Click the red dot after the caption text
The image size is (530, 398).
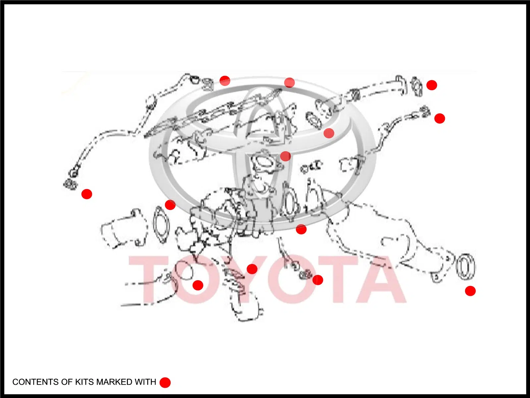coord(165,382)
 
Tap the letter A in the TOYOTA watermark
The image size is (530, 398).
coord(382,279)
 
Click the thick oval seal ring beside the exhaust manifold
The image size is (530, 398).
coord(466,267)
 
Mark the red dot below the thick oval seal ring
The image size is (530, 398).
coord(470,291)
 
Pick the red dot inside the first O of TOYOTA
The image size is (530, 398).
coord(198,285)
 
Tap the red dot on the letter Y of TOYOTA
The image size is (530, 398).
coord(252,269)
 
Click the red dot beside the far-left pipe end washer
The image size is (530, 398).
coord(87,194)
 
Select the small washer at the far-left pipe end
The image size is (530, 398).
coord(71,185)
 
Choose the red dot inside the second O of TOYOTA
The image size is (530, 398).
coord(318,280)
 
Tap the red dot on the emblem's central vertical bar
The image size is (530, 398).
coord(286,156)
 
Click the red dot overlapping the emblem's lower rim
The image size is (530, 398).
coord(301,229)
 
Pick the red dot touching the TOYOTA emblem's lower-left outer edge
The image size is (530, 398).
coord(170,205)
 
